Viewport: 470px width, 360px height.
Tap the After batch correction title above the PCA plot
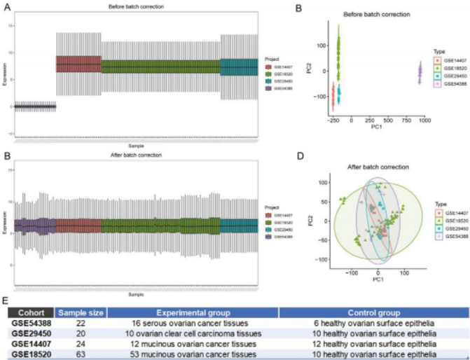click(378, 167)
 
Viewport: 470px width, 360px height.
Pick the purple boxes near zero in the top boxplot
click(35, 106)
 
